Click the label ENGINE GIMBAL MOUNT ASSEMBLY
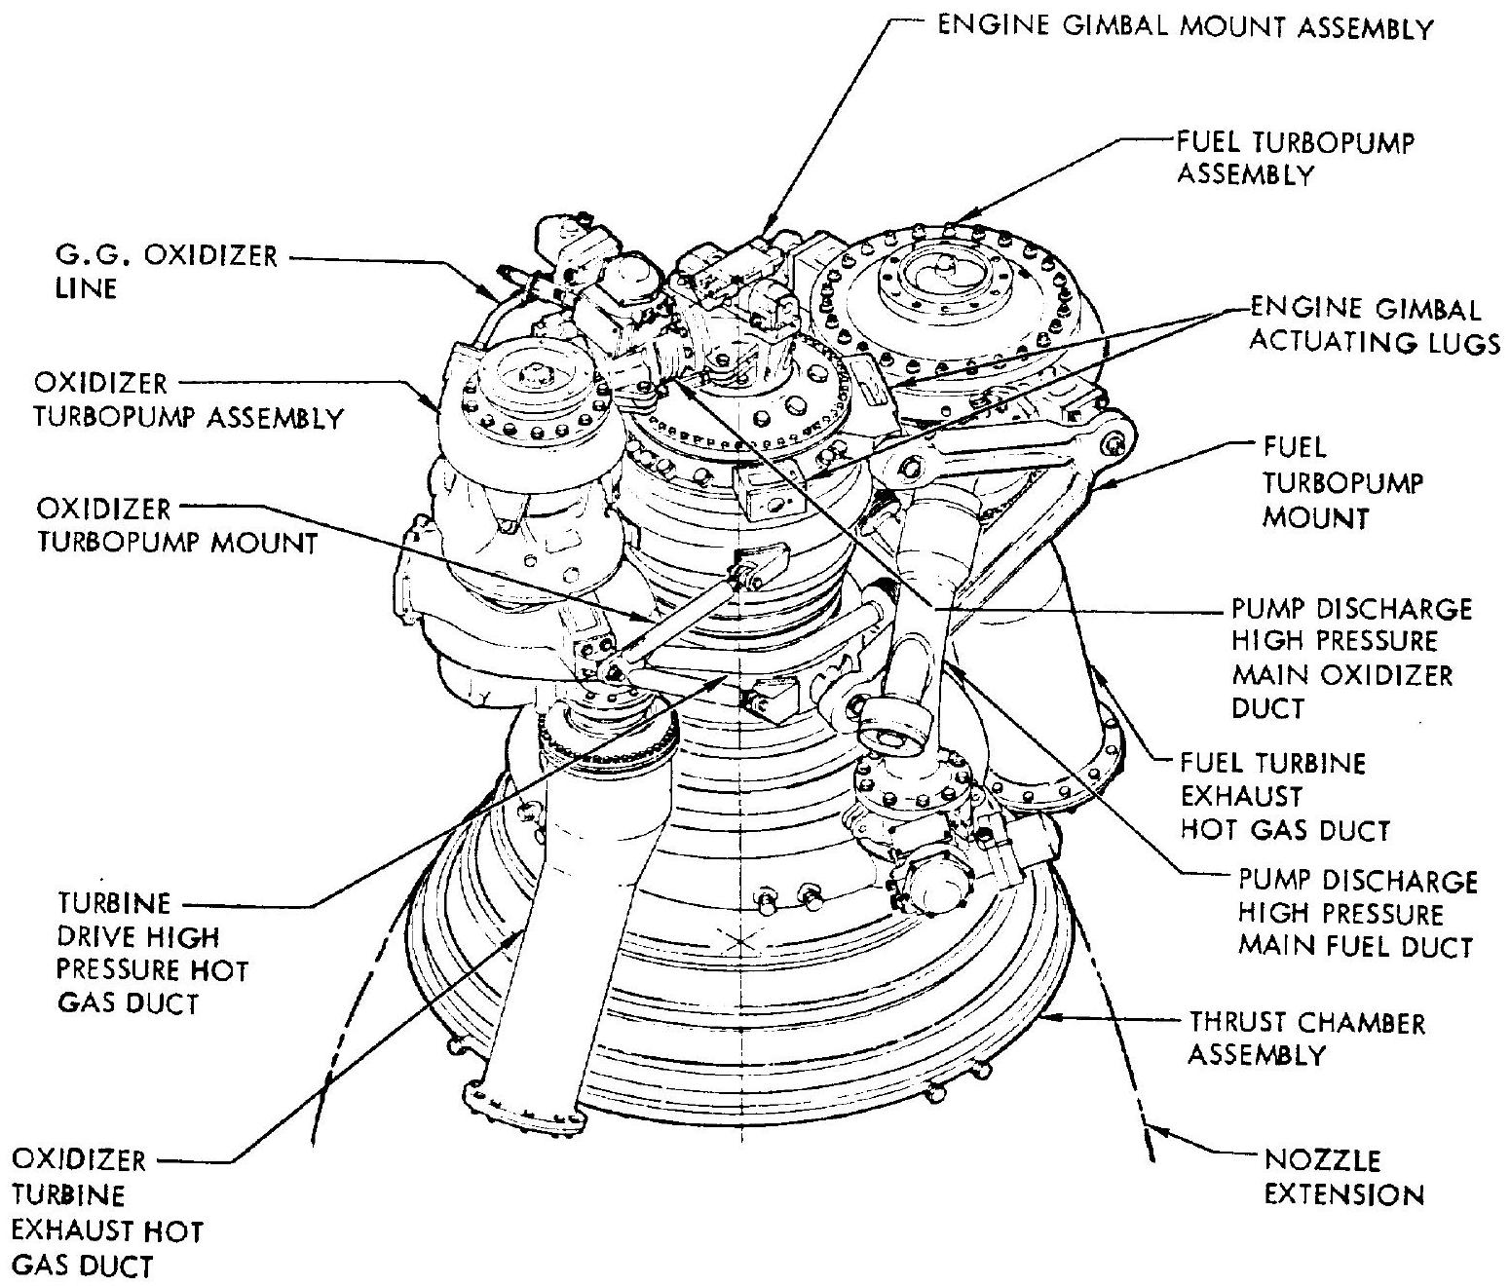(x=1185, y=27)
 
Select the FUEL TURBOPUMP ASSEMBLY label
(x=1295, y=158)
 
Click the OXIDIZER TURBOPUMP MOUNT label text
(x=176, y=525)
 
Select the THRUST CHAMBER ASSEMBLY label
(x=1306, y=1039)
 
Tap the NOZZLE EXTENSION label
(x=1343, y=1177)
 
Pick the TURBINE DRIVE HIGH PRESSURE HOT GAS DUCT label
(x=151, y=953)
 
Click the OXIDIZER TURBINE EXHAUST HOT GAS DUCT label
(x=107, y=1212)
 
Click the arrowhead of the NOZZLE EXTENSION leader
(x=1151, y=1130)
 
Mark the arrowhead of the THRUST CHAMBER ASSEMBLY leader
(x=1058, y=1018)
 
